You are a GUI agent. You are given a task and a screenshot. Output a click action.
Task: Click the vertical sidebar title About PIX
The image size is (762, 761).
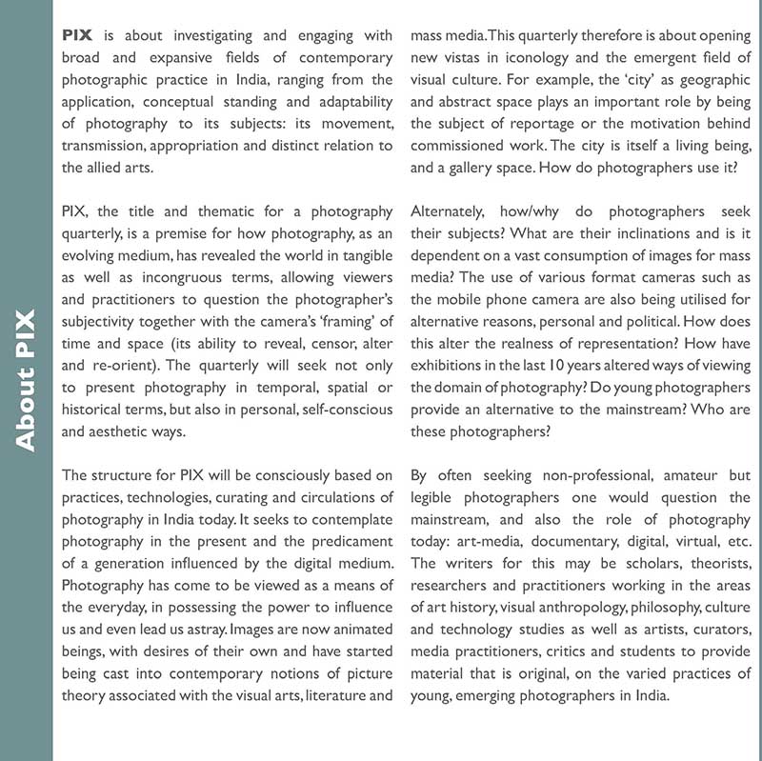[x=25, y=380]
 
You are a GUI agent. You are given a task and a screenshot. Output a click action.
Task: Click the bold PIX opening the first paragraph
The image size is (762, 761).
[x=77, y=35]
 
